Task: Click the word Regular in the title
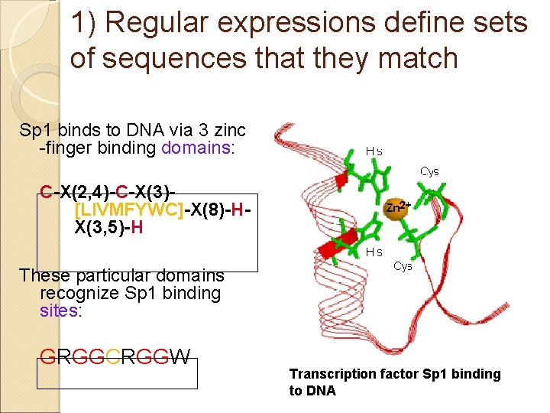coord(157,24)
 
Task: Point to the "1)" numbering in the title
coord(85,24)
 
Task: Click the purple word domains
coord(196,148)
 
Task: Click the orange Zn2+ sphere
coord(395,209)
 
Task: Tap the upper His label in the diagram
coord(374,151)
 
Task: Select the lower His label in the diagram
coord(374,252)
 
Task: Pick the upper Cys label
coord(429,172)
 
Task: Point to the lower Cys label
coord(403,266)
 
